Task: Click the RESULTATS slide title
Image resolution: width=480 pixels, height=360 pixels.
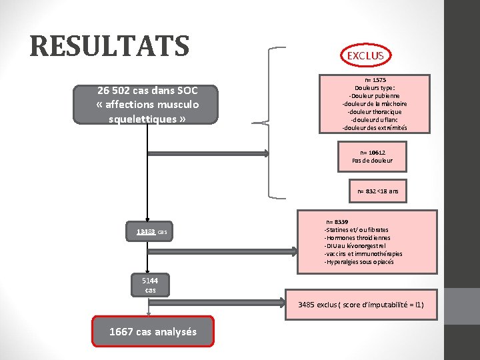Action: point(110,46)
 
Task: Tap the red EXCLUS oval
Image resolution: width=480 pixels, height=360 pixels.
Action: point(365,55)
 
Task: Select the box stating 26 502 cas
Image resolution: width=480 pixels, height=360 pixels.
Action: point(146,105)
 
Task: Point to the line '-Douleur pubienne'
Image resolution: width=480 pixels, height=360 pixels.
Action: point(374,95)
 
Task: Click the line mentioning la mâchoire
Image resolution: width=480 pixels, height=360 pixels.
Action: point(374,103)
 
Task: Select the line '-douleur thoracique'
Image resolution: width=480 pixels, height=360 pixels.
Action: point(374,111)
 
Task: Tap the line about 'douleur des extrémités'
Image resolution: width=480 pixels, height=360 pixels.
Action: point(374,127)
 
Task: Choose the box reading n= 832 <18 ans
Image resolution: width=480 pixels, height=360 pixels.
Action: point(377,191)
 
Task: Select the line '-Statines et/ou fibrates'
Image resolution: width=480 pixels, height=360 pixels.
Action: point(356,229)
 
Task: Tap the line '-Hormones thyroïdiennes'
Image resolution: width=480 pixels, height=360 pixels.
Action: point(357,237)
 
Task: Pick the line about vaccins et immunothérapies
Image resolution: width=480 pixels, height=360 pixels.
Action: point(363,253)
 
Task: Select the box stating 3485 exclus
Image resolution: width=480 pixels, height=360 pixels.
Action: point(361,304)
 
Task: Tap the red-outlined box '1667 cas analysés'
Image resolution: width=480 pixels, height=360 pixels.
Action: point(153,331)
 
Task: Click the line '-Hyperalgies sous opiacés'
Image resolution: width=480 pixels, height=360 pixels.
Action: point(359,261)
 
